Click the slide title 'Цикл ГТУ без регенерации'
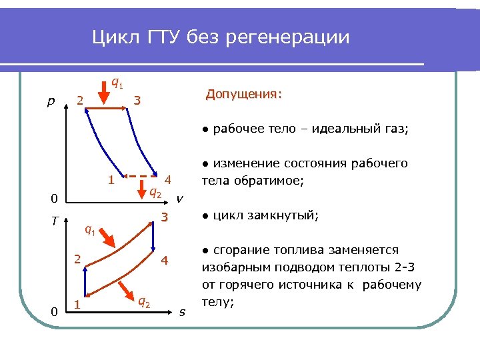coord(221,37)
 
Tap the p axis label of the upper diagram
coord(51,101)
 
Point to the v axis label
coord(179,198)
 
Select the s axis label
coord(182,311)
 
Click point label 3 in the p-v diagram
coord(137,101)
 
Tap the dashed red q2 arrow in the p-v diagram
coord(149,179)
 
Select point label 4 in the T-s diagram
coord(165,261)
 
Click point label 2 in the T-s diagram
coord(77,259)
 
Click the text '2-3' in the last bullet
coord(409,268)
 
